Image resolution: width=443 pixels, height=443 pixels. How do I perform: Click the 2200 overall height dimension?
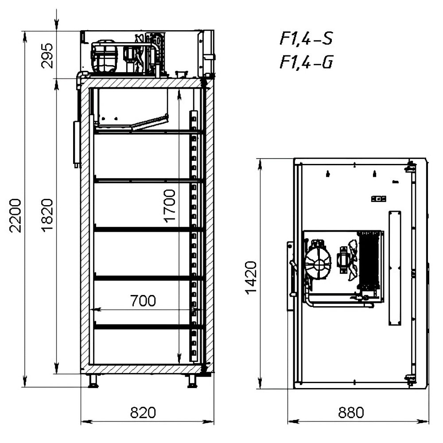(x=15, y=215)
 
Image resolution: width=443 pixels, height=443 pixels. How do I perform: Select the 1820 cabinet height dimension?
(x=47, y=215)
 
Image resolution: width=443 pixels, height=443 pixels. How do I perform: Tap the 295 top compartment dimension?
(x=47, y=56)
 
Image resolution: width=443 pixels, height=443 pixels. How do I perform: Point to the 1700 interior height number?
(x=170, y=206)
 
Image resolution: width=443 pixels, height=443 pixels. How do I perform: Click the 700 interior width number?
(x=143, y=301)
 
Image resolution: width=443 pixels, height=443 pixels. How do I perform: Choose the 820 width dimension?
(x=143, y=412)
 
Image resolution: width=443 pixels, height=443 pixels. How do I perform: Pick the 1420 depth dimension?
(x=251, y=278)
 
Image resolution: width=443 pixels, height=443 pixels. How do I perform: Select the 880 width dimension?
(x=351, y=412)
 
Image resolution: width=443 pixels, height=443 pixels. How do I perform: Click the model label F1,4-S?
(x=306, y=38)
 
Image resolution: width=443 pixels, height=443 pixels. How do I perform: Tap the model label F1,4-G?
(x=306, y=62)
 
